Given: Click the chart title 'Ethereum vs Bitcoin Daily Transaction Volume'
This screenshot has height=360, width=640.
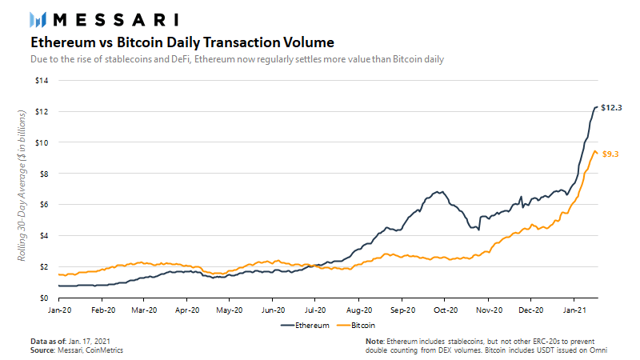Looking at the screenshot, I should (x=177, y=41).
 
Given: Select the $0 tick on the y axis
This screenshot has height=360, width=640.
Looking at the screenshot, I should (x=46, y=297).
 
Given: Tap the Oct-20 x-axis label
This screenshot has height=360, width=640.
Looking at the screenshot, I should (x=445, y=309).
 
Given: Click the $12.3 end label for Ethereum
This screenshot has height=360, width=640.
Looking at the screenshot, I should (x=611, y=107).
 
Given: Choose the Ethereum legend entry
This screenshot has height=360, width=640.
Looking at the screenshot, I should (x=303, y=326).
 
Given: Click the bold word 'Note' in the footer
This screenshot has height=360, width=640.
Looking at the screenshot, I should (x=374, y=342).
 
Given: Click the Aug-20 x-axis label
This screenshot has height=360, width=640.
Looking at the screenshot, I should (x=358, y=309).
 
